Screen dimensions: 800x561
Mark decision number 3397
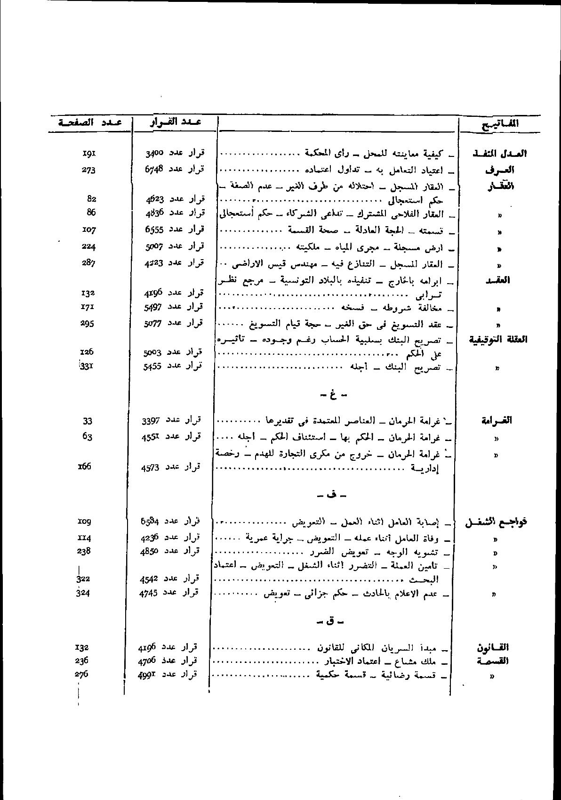tap(152, 420)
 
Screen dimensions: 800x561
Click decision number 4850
tap(150, 551)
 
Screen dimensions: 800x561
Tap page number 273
tap(88, 170)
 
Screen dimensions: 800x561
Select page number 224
tap(88, 246)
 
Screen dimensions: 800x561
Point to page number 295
tap(88, 323)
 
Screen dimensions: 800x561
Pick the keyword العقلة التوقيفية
tap(497, 340)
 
